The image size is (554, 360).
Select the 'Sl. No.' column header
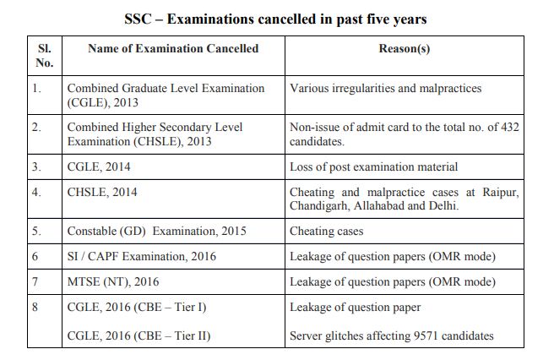[x=44, y=55]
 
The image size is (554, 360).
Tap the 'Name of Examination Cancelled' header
[x=173, y=48]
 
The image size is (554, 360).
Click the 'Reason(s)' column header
[x=404, y=48]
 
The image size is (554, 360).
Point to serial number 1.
[x=36, y=88]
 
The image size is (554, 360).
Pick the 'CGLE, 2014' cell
[x=99, y=167]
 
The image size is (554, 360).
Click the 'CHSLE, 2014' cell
[x=102, y=192]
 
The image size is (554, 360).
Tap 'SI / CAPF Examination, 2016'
[x=142, y=256]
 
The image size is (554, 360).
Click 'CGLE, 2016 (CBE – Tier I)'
[x=138, y=307]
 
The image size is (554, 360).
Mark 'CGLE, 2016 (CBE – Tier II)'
[x=139, y=335]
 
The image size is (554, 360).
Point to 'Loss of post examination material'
[x=374, y=167]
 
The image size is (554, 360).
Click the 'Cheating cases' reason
[x=326, y=231]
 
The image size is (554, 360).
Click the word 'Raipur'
[x=501, y=192]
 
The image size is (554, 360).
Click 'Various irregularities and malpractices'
[x=385, y=88]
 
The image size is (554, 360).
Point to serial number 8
[x=35, y=307]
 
